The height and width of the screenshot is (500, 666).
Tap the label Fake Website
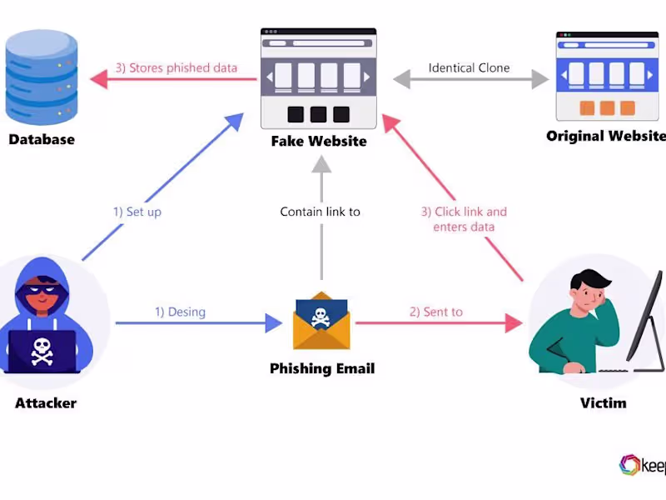pyautogui.click(x=319, y=142)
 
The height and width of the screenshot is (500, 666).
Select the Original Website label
pyautogui.click(x=605, y=136)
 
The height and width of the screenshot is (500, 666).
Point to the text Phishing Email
pyautogui.click(x=322, y=368)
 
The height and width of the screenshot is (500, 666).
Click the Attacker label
pyautogui.click(x=46, y=403)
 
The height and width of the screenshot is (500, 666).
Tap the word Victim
pyautogui.click(x=604, y=403)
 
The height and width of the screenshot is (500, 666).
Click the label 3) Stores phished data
pyautogui.click(x=176, y=68)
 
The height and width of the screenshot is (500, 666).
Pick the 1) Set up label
pyautogui.click(x=137, y=212)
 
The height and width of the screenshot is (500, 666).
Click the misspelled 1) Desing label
pyautogui.click(x=180, y=312)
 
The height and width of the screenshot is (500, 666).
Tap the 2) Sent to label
pyautogui.click(x=435, y=312)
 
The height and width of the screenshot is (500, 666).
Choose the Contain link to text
pyautogui.click(x=321, y=212)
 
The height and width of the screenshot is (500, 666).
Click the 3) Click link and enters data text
pyautogui.click(x=464, y=219)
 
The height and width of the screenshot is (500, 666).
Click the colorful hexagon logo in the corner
pyautogui.click(x=629, y=465)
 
